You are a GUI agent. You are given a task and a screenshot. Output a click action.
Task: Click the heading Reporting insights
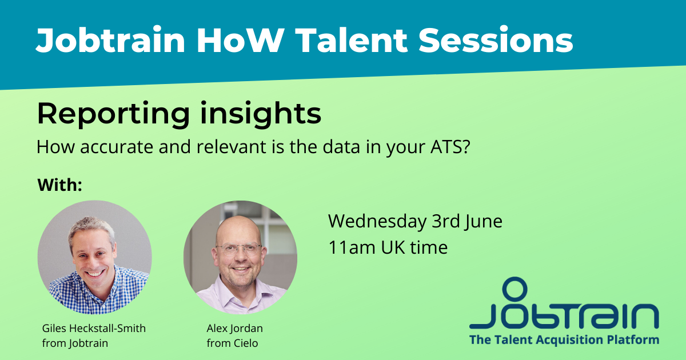click(178, 114)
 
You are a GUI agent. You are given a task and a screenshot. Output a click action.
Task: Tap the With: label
click(60, 185)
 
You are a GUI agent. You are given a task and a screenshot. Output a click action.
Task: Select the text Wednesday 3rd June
click(415, 221)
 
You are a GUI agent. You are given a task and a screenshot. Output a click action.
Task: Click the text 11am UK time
click(388, 247)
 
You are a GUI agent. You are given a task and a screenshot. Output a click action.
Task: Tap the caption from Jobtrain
click(75, 343)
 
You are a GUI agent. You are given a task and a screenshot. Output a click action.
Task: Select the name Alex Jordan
click(235, 329)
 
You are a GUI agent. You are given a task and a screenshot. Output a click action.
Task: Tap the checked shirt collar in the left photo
click(94, 289)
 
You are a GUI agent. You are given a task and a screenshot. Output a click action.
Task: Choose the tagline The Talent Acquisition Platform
click(564, 340)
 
